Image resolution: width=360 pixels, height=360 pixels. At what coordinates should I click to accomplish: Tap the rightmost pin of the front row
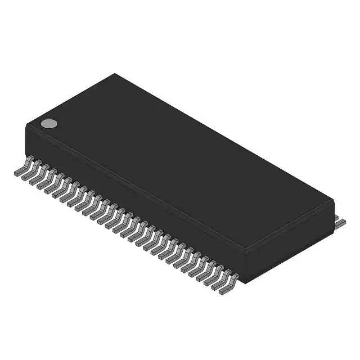click(228, 286)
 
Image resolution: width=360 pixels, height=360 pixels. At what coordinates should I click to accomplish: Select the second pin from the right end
click(220, 281)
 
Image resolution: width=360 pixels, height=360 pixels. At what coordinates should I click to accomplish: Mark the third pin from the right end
click(213, 277)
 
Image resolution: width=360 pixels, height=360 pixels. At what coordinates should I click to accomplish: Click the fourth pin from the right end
click(205, 273)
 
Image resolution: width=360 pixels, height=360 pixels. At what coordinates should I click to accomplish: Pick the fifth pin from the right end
click(197, 269)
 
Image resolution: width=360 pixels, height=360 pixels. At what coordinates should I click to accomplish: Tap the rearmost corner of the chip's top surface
click(115, 74)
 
